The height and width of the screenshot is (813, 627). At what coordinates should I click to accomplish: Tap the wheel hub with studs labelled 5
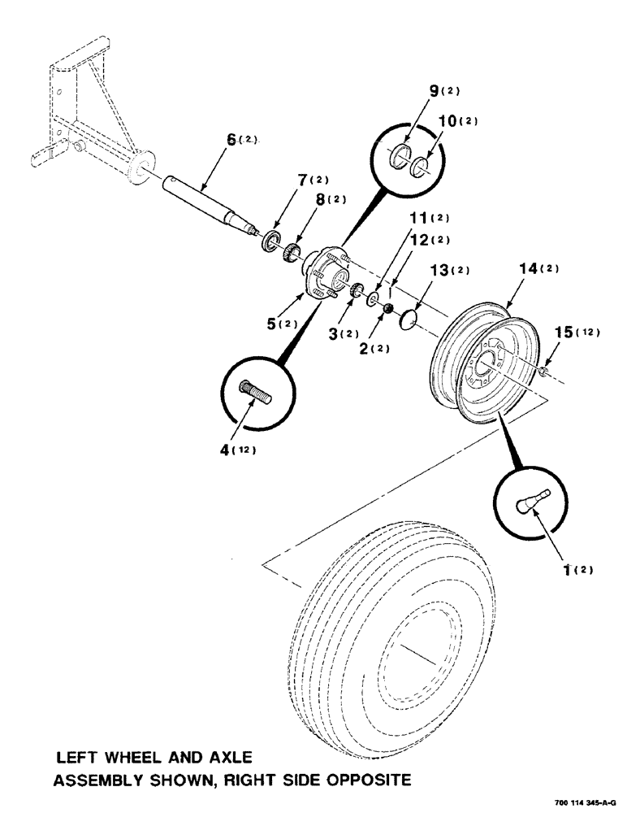(326, 271)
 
